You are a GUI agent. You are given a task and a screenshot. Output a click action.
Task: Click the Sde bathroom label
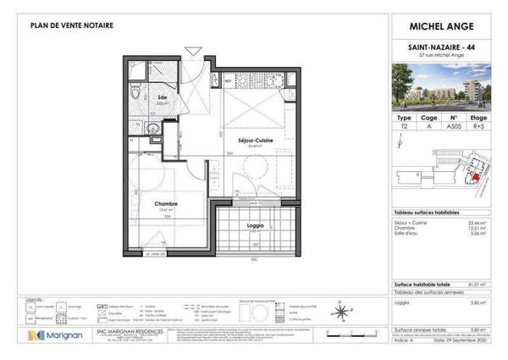coord(163,97)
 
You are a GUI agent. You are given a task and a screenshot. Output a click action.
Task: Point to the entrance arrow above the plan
coord(193,52)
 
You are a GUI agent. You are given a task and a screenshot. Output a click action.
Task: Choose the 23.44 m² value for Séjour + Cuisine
coord(489,221)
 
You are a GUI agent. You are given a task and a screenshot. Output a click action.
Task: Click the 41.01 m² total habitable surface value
coord(489,286)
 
